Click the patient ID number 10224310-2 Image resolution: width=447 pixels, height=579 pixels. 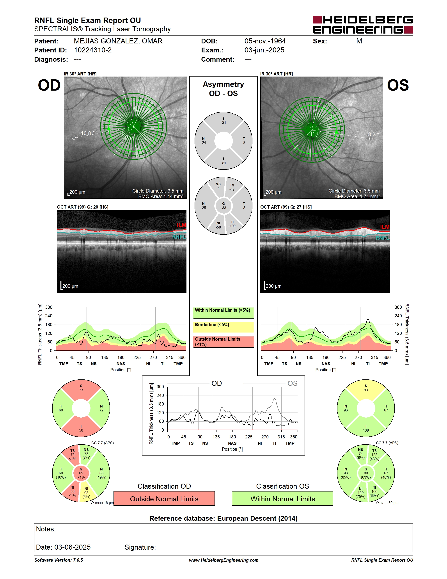point(93,50)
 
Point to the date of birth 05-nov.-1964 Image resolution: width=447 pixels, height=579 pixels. point(265,41)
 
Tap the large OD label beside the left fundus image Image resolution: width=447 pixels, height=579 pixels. point(49,85)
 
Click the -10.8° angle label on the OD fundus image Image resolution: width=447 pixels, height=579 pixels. point(87,133)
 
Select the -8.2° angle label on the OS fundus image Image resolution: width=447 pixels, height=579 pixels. point(372,134)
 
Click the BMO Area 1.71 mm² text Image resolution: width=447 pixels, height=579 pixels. point(357,196)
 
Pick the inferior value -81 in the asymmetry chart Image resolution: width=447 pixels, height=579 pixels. point(223,163)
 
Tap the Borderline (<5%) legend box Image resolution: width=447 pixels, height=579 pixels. point(223,327)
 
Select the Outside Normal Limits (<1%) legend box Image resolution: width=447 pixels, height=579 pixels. point(223,342)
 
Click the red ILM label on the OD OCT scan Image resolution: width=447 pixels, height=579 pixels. point(181,225)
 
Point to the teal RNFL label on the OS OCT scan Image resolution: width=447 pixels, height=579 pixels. point(382,238)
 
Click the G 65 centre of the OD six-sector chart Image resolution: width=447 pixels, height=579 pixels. point(81,473)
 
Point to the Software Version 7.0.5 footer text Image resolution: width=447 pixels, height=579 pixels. point(59,560)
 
